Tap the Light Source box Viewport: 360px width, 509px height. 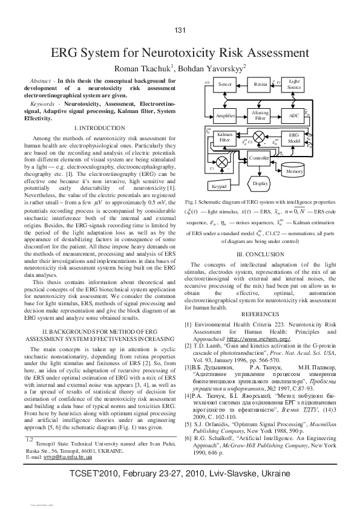[x=294, y=84]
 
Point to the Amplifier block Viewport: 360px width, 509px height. [x=226, y=115]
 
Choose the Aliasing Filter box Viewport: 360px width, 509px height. [x=260, y=115]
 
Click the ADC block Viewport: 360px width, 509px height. [x=294, y=115]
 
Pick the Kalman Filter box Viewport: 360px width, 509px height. [x=225, y=137]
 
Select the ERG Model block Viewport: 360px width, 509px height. [x=294, y=137]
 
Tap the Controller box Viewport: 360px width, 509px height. [x=259, y=158]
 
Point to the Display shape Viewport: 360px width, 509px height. [x=260, y=183]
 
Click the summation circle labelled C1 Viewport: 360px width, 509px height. [x=223, y=161]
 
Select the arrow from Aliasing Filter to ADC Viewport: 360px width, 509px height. [x=278, y=115]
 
